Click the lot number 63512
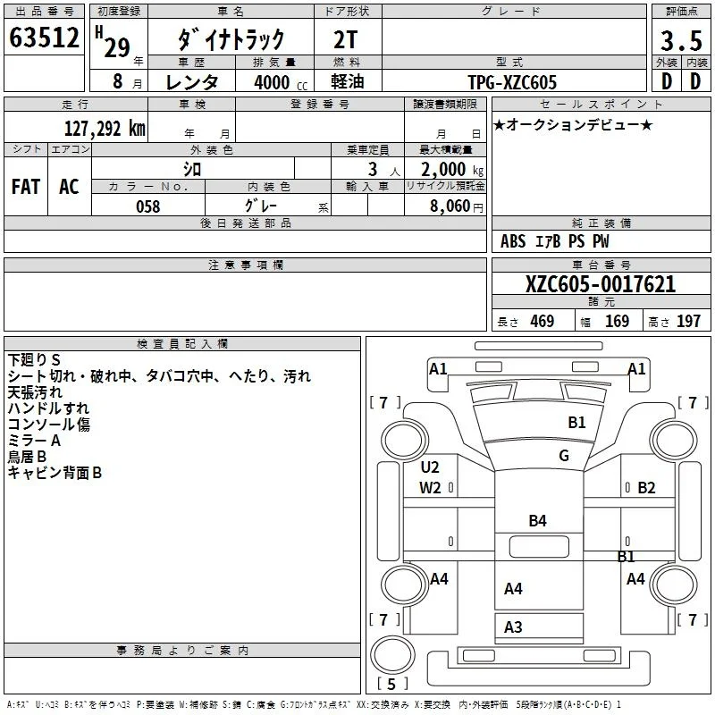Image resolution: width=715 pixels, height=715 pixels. [44, 38]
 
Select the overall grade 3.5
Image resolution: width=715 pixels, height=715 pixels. [681, 41]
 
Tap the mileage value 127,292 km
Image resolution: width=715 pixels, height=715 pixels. [105, 129]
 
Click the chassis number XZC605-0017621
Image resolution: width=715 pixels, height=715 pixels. [601, 284]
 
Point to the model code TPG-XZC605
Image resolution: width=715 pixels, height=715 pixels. [512, 82]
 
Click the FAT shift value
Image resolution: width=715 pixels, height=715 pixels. [26, 187]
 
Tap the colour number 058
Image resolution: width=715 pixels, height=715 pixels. [148, 206]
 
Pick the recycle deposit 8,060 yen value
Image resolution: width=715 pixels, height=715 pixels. [456, 206]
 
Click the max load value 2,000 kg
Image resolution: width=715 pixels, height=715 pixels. [452, 170]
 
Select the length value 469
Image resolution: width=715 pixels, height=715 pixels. [543, 321]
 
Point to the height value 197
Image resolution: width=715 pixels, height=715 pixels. [688, 321]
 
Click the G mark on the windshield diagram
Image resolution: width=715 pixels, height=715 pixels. [564, 456]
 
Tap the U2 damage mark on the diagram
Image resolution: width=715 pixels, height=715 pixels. [430, 467]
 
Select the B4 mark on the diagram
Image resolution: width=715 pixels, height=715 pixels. [538, 521]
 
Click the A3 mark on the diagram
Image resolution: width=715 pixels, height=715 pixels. [513, 627]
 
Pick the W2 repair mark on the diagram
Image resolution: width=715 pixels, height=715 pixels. [430, 488]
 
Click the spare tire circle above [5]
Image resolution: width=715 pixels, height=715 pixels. [392, 655]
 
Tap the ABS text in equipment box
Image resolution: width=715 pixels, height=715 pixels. [513, 241]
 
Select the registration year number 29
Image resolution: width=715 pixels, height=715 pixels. [117, 48]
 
